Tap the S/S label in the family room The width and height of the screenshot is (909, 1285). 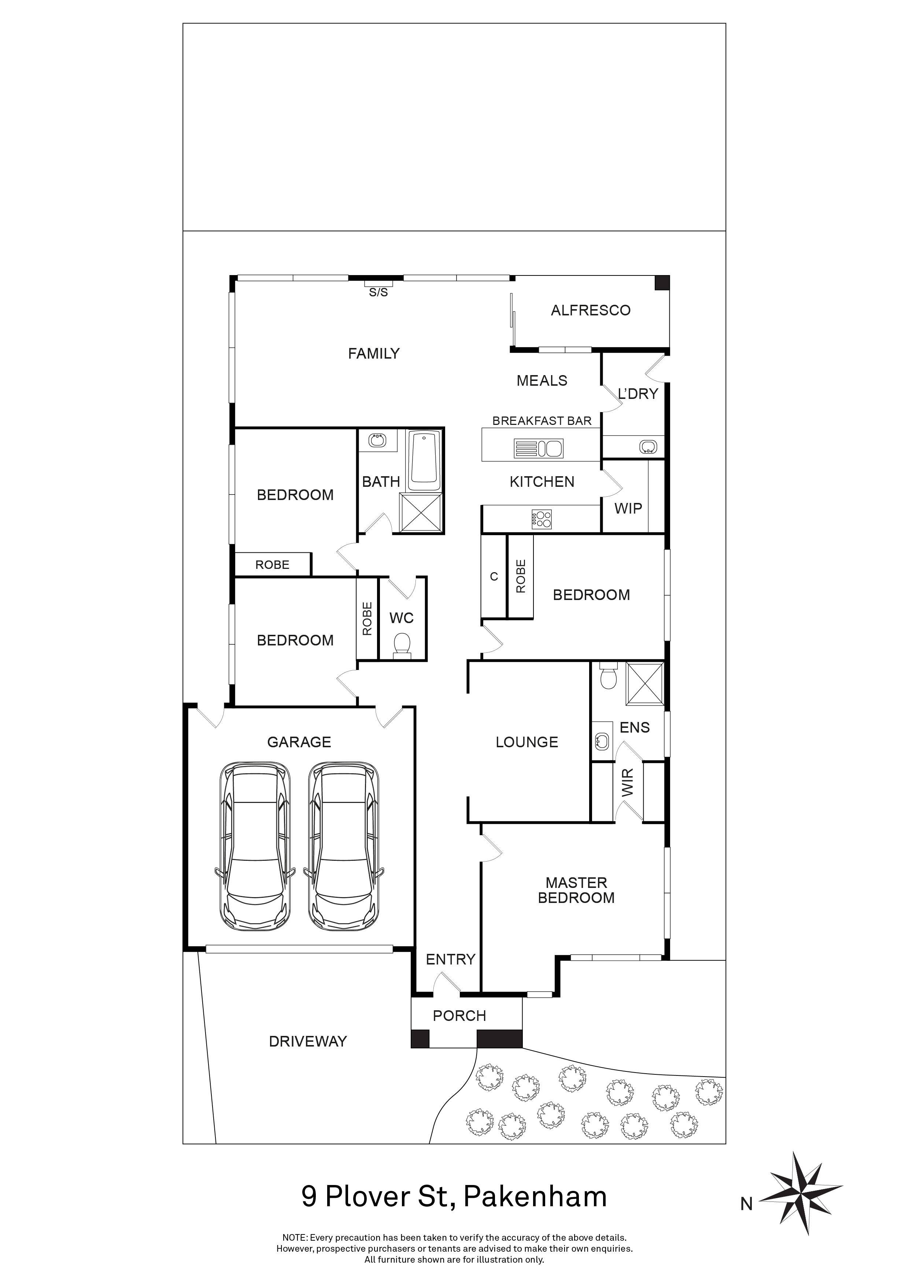378,292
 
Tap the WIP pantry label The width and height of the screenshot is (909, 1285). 628,509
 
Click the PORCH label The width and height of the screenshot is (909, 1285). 459,1016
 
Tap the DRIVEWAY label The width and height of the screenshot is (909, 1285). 308,1041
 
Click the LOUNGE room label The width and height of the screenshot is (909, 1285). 527,742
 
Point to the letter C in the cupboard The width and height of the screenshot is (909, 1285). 494,577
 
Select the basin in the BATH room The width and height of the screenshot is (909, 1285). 377,440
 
